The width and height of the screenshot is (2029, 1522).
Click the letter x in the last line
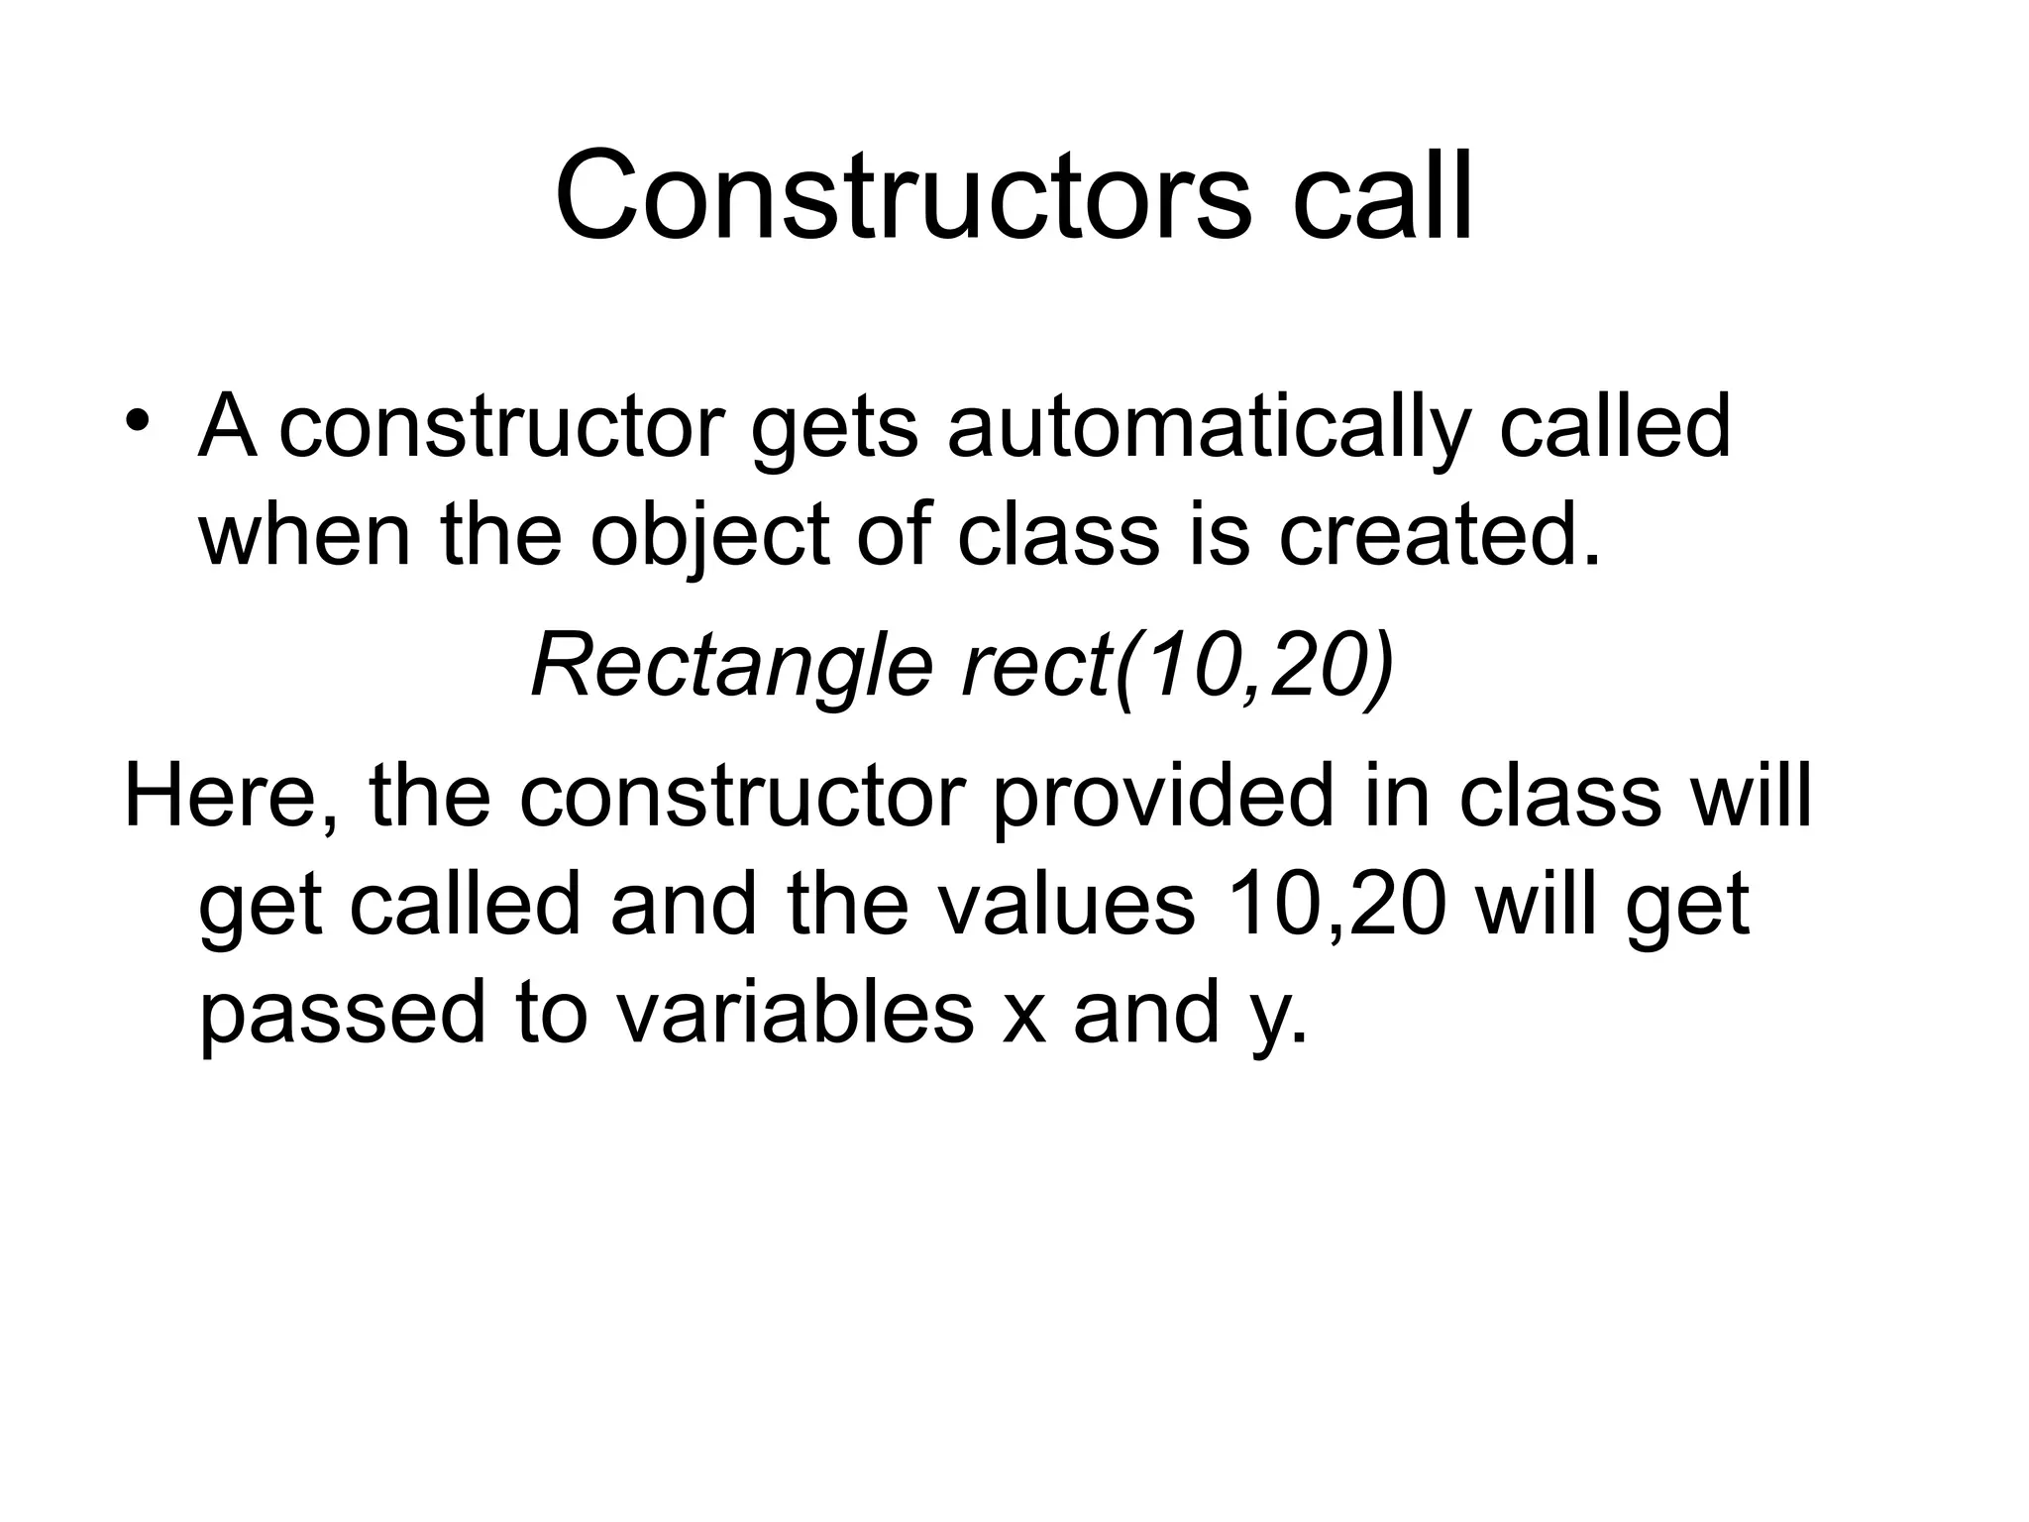(x=1023, y=1017)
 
